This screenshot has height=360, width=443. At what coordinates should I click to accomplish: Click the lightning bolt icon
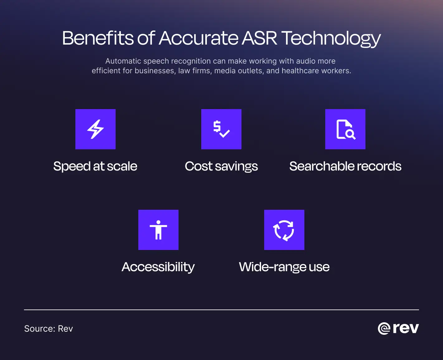pyautogui.click(x=95, y=129)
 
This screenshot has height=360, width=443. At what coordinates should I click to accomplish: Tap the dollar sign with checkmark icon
pyautogui.click(x=221, y=129)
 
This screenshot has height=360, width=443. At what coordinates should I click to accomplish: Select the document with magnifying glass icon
pyautogui.click(x=345, y=129)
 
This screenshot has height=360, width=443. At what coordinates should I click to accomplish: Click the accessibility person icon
pyautogui.click(x=158, y=230)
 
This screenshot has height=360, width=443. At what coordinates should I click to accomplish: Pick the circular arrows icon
pyautogui.click(x=284, y=230)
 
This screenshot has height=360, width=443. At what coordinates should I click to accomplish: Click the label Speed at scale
pyautogui.click(x=95, y=166)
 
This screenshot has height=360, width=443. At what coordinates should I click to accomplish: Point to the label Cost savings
pyautogui.click(x=221, y=166)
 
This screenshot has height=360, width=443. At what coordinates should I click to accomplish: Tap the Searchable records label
pyautogui.click(x=345, y=166)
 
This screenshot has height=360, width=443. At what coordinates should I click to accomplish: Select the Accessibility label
pyautogui.click(x=158, y=267)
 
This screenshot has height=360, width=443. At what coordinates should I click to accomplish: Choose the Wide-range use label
pyautogui.click(x=284, y=267)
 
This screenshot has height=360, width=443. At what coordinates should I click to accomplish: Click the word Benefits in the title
pyautogui.click(x=98, y=38)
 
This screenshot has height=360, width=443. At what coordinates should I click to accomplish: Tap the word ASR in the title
pyautogui.click(x=259, y=38)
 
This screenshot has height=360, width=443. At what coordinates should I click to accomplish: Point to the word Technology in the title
pyautogui.click(x=331, y=39)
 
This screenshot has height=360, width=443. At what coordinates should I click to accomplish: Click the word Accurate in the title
pyautogui.click(x=198, y=38)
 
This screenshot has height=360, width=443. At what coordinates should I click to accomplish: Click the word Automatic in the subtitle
pyautogui.click(x=123, y=61)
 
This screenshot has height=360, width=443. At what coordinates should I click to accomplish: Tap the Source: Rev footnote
pyautogui.click(x=49, y=329)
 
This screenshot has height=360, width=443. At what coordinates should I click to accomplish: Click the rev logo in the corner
pyautogui.click(x=398, y=328)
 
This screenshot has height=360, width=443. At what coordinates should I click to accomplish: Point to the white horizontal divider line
pyautogui.click(x=221, y=310)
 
